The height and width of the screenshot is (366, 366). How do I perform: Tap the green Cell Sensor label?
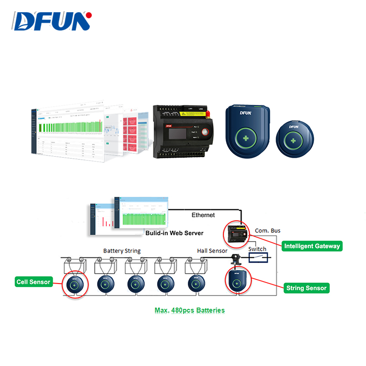click(33, 282)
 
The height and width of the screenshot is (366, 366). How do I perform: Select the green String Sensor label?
click(306, 288)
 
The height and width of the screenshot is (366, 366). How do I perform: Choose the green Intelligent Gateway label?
click(312, 246)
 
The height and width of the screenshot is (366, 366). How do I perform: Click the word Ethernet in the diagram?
click(203, 215)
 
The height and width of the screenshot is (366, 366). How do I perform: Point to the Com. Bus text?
click(268, 230)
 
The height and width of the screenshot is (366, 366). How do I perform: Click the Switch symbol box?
click(258, 257)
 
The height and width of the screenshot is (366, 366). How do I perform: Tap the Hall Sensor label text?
click(212, 251)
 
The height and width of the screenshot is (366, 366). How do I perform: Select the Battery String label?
click(122, 251)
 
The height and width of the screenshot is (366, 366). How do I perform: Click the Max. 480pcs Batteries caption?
click(183, 310)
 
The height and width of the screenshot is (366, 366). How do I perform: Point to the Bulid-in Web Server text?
click(174, 233)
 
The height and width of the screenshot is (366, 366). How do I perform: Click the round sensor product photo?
click(293, 140)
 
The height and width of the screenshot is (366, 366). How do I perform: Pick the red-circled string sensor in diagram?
click(237, 282)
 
